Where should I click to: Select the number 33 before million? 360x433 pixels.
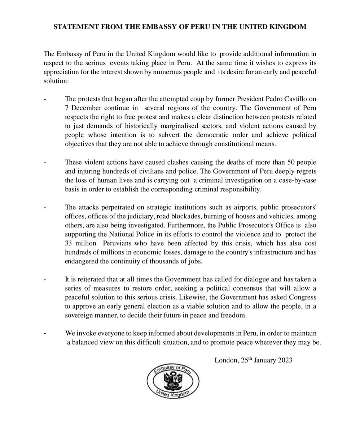tap(69, 243)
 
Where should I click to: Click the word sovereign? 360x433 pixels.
tap(80, 315)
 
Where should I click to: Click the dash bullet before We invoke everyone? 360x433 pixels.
tap(45, 333)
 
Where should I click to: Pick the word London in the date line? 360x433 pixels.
tap(226, 360)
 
